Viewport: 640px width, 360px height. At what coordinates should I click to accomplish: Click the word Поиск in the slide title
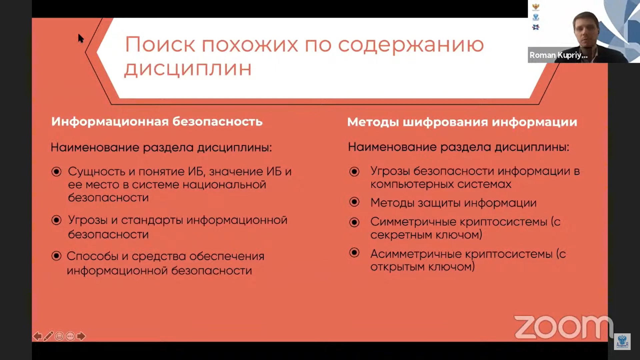[160, 44]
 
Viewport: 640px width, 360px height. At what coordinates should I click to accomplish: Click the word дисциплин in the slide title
[188, 69]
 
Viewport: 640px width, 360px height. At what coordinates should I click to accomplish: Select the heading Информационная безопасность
[157, 122]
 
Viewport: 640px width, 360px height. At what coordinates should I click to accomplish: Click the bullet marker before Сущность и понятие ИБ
[56, 172]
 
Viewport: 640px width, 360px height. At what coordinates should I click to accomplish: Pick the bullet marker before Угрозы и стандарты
[56, 220]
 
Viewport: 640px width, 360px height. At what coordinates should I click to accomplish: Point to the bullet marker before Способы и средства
[56, 256]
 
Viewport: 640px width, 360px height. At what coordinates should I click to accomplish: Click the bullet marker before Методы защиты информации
[354, 202]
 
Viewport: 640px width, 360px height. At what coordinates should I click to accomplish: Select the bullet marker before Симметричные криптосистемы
[354, 222]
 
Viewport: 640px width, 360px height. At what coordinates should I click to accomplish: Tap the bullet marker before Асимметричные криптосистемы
[354, 253]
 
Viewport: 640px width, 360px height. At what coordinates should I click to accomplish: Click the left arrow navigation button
[37, 336]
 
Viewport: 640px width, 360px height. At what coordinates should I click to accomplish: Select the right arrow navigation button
[81, 336]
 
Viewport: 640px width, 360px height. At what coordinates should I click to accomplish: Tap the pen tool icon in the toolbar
[48, 336]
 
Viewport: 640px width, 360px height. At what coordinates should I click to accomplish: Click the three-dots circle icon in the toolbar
[70, 336]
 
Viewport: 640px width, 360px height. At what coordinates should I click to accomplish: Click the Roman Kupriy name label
[558, 55]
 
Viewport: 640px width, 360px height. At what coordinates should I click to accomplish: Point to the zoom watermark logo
[563, 327]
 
